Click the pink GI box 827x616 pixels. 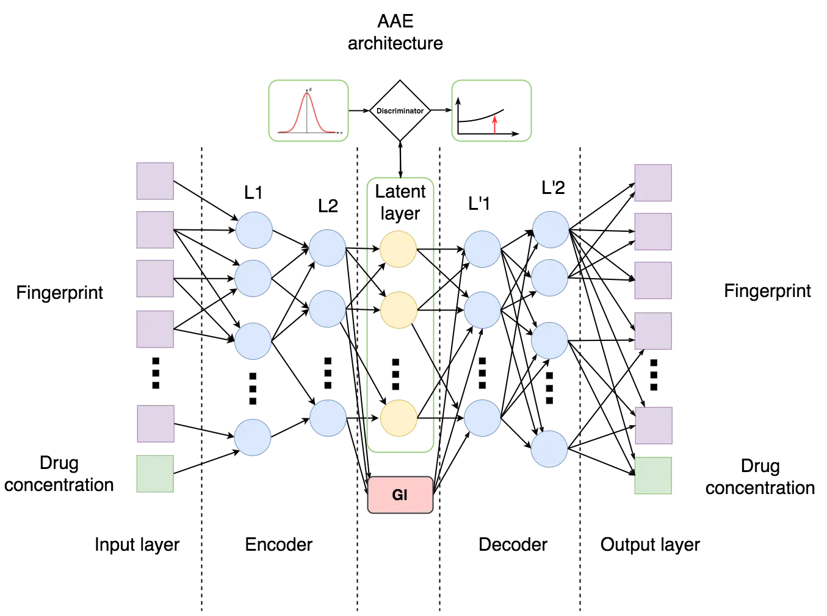[400, 495]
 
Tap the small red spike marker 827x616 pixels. [495, 124]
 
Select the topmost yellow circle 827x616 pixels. [399, 249]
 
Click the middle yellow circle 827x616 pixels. [399, 310]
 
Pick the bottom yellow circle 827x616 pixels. [399, 418]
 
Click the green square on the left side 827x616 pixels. [154, 473]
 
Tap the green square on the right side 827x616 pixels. [654, 475]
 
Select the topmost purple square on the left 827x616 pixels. [154, 181]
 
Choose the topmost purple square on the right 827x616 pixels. [654, 183]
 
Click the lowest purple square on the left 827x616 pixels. [156, 424]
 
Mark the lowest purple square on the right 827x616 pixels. [654, 425]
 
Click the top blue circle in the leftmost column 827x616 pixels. [254, 230]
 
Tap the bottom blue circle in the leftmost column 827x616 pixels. [253, 437]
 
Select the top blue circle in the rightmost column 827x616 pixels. [551, 229]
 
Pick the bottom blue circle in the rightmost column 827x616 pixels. [549, 449]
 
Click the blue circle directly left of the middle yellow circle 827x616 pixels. [327, 309]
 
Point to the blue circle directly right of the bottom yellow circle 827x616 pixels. [482, 418]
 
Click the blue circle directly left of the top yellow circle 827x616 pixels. [327, 248]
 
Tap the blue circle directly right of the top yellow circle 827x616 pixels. [482, 249]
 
